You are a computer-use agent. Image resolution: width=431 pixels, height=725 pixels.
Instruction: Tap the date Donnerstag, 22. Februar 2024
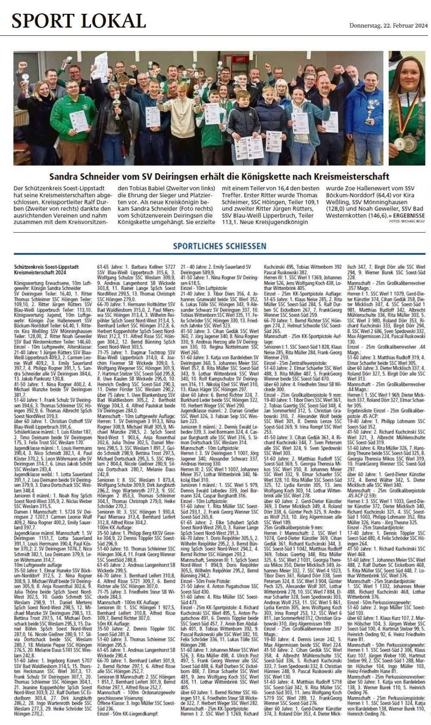coord(388,26)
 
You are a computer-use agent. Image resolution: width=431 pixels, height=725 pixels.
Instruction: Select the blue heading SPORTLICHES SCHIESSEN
coord(219,246)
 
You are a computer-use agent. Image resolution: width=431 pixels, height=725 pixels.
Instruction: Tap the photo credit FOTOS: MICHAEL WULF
coord(407,221)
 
